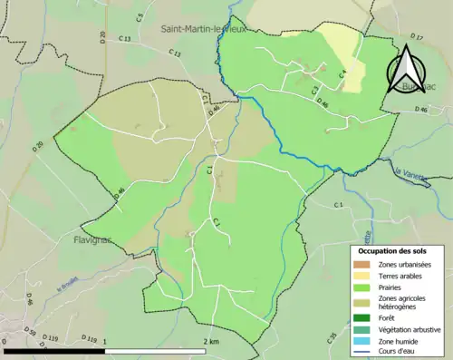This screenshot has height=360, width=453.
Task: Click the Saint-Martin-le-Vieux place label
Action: pos(204,29)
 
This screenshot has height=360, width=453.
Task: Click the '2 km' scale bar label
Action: pos(209,341)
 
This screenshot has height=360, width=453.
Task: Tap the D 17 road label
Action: pos(417,37)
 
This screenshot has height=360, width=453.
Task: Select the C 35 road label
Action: pos(332,339)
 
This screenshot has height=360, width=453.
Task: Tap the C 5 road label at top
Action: pos(140,16)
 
